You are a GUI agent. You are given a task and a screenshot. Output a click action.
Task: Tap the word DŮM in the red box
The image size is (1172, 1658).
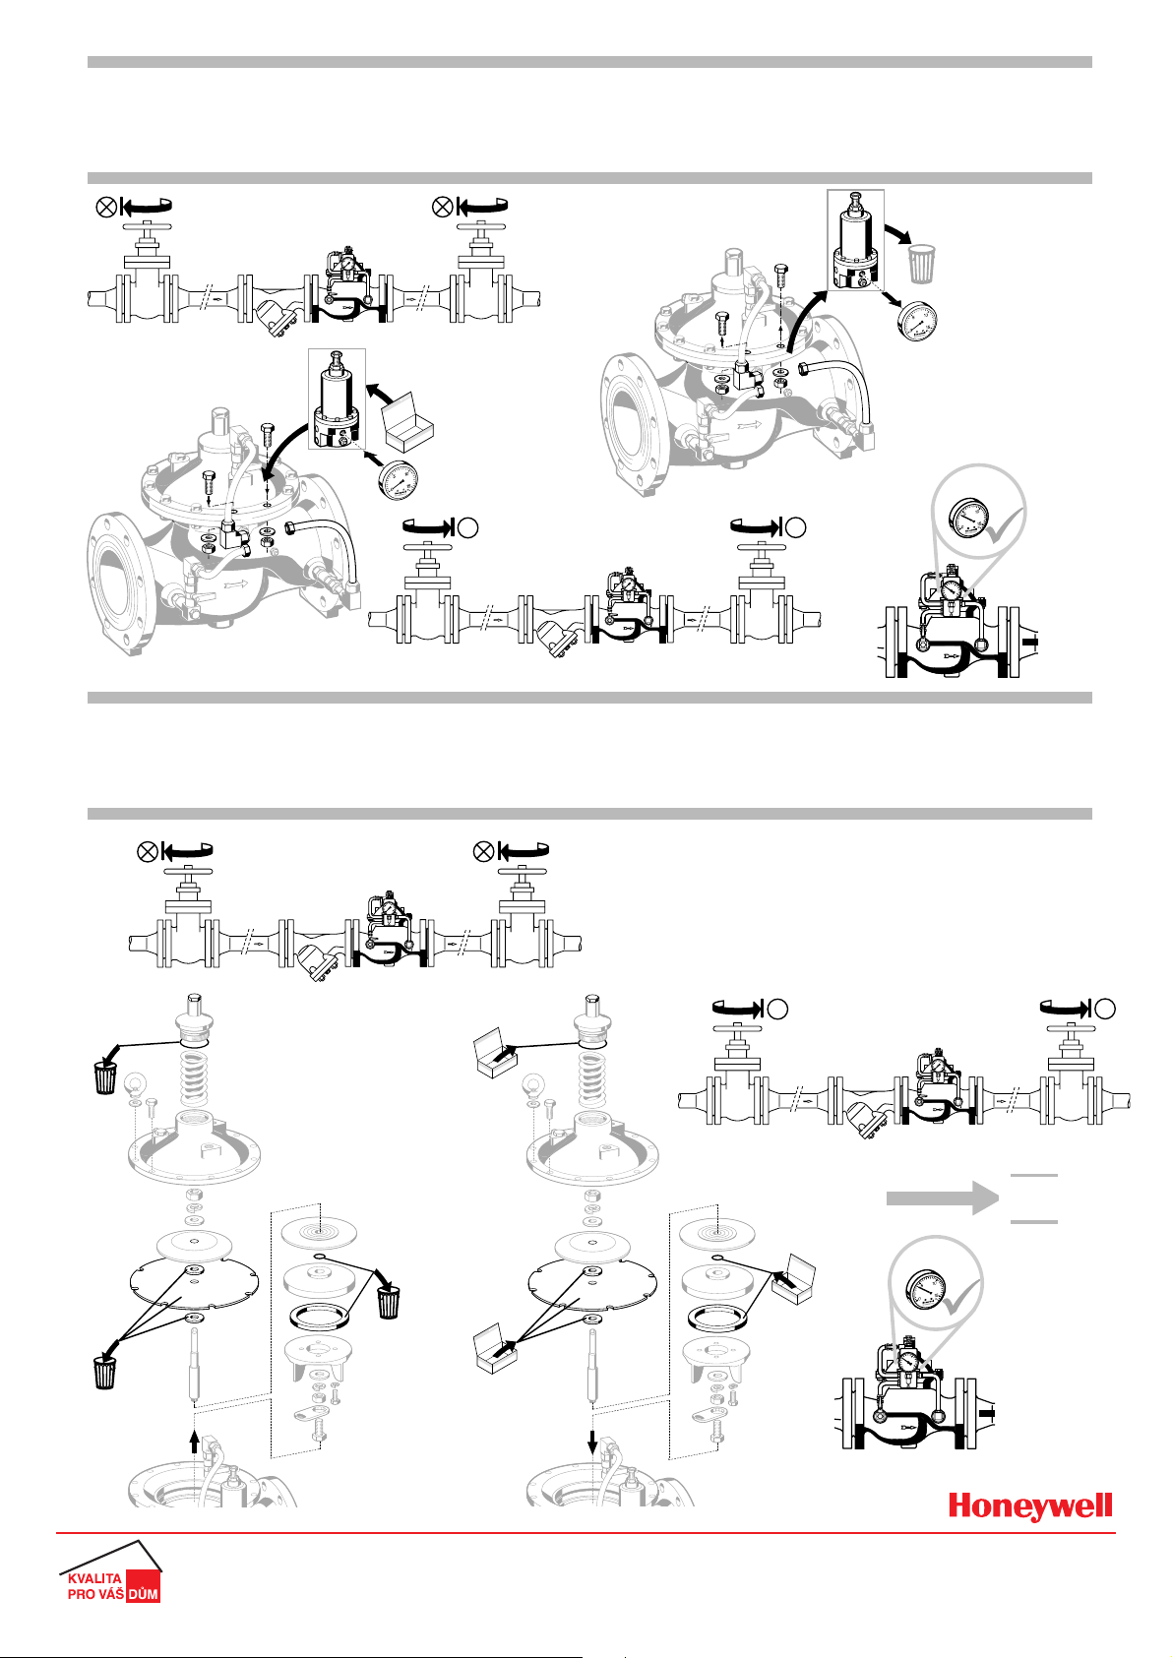tap(143, 1594)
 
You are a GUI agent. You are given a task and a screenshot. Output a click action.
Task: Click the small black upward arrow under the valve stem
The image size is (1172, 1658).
tap(194, 1442)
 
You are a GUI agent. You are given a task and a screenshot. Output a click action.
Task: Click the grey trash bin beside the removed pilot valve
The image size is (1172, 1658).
tap(921, 263)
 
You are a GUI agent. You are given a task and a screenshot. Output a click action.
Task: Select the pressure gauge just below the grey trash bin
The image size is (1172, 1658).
tap(916, 321)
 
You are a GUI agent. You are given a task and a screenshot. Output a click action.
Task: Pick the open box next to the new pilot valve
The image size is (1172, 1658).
tap(406, 422)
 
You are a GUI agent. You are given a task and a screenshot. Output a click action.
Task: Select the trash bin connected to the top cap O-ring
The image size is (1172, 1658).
tap(104, 1077)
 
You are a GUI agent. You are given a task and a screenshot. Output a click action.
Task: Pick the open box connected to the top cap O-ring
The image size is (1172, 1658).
tap(495, 1052)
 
